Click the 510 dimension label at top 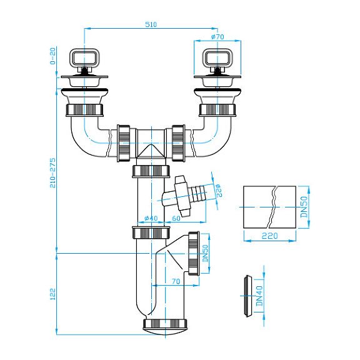pyautogui.click(x=151, y=24)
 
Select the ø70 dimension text pyautogui.click(x=217, y=37)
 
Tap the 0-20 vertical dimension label pyautogui.click(x=52, y=56)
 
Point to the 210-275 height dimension pyautogui.click(x=52, y=172)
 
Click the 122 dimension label pyautogui.click(x=52, y=294)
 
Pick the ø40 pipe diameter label pyautogui.click(x=151, y=218)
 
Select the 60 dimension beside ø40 pyautogui.click(x=176, y=218)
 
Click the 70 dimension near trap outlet pyautogui.click(x=176, y=281)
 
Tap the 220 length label pyautogui.click(x=269, y=236)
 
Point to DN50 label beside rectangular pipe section pyautogui.click(x=304, y=207)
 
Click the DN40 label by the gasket pyautogui.click(x=259, y=296)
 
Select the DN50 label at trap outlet pyautogui.click(x=205, y=254)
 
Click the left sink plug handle pyautogui.click(x=84, y=57)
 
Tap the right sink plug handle pyautogui.click(x=217, y=57)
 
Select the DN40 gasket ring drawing pyautogui.click(x=247, y=296)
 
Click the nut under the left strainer pyautogui.click(x=84, y=111)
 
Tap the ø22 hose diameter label pyautogui.click(x=219, y=191)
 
